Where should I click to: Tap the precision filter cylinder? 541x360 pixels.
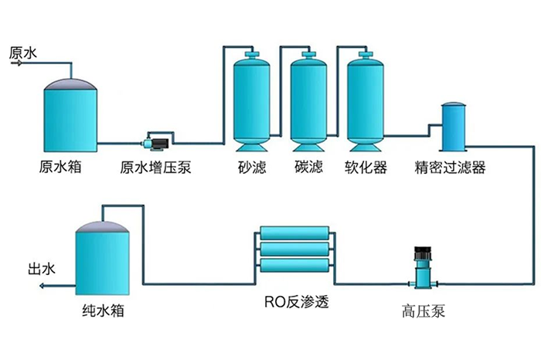tap(453, 128)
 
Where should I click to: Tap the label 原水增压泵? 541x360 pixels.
tap(157, 168)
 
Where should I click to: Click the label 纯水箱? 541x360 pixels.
tap(103, 311)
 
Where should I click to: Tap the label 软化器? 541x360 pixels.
tap(366, 168)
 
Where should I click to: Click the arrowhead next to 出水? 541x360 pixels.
tap(42, 286)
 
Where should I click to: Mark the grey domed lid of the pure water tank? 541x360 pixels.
tap(103, 226)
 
